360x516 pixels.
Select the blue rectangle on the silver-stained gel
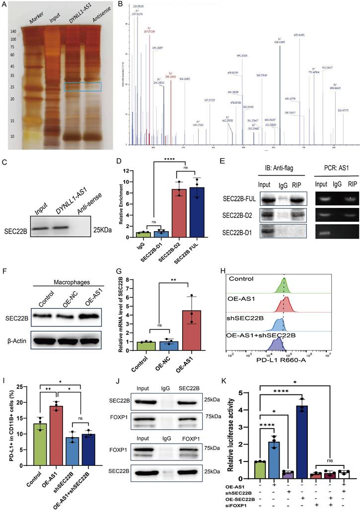pyautogui.click(x=82, y=87)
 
